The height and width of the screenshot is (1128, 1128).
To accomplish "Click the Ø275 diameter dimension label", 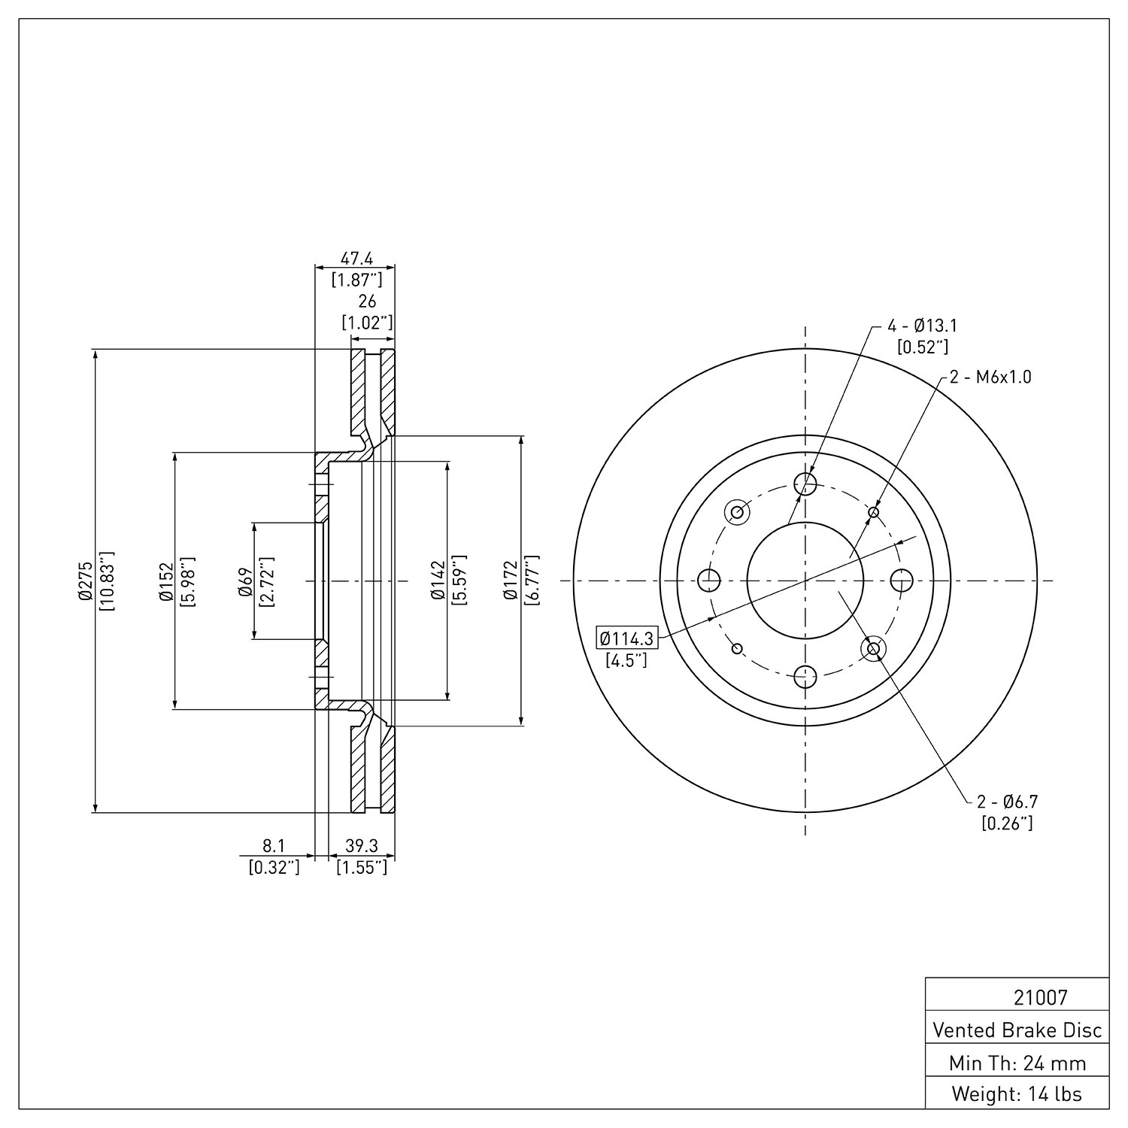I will (x=84, y=581).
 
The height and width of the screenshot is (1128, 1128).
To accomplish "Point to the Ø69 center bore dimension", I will (x=245, y=581).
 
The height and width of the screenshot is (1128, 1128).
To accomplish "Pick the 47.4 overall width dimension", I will (x=356, y=259).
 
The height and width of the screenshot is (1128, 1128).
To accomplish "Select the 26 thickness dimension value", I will (x=367, y=302).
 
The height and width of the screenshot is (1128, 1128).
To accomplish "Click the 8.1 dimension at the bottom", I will (x=274, y=846).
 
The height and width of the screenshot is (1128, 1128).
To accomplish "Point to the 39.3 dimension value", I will (x=361, y=846).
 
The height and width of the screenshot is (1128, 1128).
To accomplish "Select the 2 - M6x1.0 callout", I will (x=990, y=377).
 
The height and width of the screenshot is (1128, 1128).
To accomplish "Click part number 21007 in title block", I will (x=1040, y=998).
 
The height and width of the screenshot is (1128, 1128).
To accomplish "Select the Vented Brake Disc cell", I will (x=1017, y=1029).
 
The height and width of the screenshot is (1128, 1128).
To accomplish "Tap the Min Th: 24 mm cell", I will (x=1017, y=1062).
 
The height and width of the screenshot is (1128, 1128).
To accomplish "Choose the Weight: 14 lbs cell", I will (x=1017, y=1093).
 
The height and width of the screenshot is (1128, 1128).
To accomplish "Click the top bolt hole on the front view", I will (x=805, y=484).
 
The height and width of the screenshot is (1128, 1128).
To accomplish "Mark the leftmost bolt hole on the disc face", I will (x=709, y=581).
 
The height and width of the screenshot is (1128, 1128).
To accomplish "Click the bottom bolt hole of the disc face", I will (x=805, y=676).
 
